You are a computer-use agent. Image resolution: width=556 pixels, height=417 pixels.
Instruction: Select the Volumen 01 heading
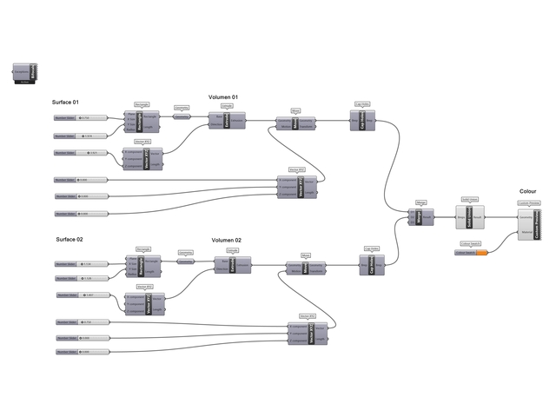click(x=223, y=96)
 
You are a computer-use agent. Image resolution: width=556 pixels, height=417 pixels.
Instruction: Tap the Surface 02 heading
click(x=69, y=239)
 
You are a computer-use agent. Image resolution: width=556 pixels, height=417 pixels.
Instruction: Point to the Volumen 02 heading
click(x=227, y=240)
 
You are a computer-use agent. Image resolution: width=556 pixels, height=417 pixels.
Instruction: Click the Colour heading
click(x=527, y=190)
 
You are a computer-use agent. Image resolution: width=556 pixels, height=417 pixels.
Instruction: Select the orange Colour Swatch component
click(x=470, y=252)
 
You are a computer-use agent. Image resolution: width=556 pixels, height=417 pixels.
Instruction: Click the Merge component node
click(x=422, y=217)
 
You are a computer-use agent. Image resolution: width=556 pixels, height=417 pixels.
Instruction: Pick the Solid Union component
click(x=470, y=218)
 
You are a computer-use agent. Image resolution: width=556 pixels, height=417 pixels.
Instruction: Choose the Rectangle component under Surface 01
click(x=143, y=119)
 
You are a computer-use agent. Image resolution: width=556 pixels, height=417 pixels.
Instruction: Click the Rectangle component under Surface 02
click(x=144, y=263)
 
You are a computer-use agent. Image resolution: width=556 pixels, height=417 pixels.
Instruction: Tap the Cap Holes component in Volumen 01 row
click(x=365, y=122)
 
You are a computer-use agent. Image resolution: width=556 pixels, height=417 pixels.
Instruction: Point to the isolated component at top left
click(x=24, y=74)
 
